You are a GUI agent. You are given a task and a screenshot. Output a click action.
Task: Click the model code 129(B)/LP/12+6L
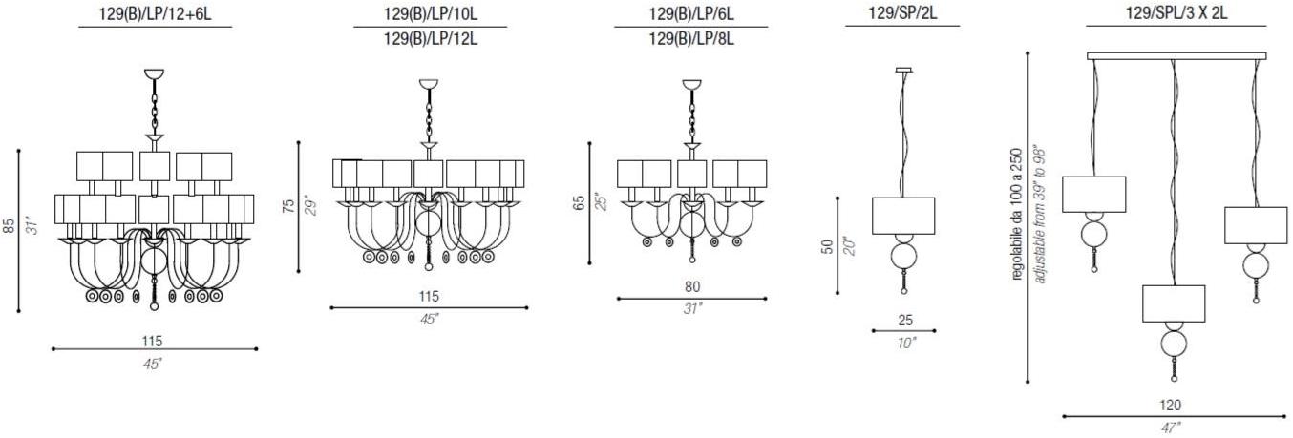pos(156,14)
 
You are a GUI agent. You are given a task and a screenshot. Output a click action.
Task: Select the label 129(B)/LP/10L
pos(430,14)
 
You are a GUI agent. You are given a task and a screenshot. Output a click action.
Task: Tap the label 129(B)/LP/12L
pos(430,39)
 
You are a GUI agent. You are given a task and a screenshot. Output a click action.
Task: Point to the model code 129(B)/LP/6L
pos(691,14)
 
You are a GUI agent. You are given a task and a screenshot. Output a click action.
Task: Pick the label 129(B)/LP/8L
pos(691,39)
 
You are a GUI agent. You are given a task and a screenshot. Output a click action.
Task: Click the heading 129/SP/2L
pos(902,13)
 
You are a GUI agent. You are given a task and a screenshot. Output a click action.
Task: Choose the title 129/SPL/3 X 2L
pos(1176,13)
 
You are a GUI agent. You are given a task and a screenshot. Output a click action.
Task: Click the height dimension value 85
pos(9,225)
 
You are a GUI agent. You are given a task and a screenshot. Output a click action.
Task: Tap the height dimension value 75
pos(288,206)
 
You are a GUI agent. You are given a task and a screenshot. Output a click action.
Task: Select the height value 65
pos(580,203)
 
